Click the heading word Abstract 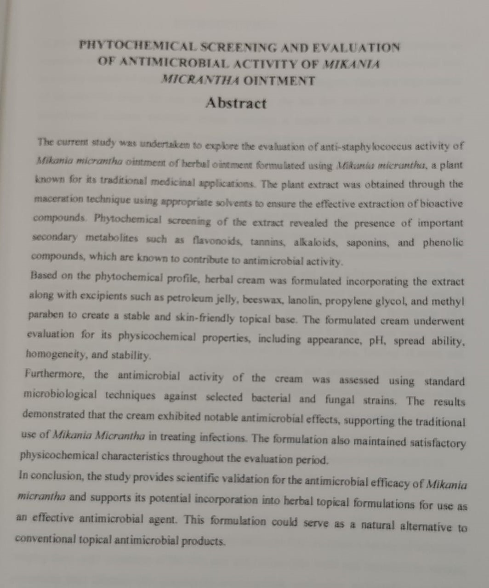click(x=236, y=103)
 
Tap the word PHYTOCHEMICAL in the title click(x=137, y=46)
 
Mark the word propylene click(x=351, y=301)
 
